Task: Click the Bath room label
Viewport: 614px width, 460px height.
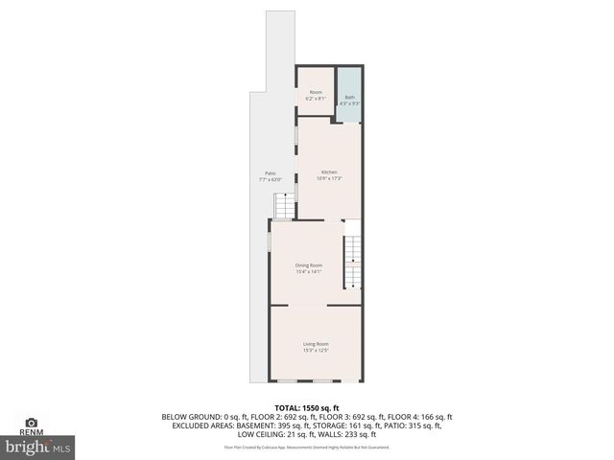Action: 349,96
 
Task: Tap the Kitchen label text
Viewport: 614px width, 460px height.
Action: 330,172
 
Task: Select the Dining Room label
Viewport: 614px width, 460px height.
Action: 309,264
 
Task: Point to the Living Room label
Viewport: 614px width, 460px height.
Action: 317,344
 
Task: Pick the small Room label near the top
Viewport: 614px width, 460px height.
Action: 316,92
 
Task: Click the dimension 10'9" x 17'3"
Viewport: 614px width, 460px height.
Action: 330,178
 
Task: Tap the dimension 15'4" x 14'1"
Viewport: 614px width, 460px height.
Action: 309,272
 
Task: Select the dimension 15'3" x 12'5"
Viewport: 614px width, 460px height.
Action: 317,351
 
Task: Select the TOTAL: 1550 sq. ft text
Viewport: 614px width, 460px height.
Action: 307,408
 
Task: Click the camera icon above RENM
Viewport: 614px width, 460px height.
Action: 31,422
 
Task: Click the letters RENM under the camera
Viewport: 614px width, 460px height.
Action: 31,433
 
